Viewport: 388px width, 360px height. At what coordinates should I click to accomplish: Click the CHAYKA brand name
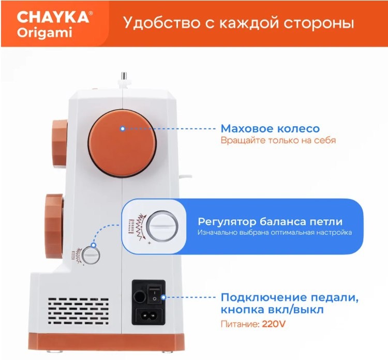click(x=53, y=17)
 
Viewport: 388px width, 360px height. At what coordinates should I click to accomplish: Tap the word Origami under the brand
click(x=44, y=33)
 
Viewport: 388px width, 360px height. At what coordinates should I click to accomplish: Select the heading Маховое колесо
click(x=270, y=128)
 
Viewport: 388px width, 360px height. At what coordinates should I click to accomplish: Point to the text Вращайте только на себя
click(x=278, y=140)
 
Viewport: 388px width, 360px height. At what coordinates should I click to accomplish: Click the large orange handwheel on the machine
click(x=123, y=143)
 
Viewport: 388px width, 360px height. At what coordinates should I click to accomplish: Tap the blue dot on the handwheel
click(x=123, y=129)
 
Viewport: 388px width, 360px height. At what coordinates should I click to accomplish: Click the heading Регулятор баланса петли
click(x=270, y=221)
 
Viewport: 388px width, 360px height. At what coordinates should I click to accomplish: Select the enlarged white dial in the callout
click(x=162, y=227)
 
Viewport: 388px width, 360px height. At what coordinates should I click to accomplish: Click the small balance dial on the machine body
click(x=91, y=256)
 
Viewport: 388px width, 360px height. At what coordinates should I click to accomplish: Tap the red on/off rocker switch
click(x=154, y=293)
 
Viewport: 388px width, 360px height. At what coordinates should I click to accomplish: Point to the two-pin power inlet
click(x=147, y=316)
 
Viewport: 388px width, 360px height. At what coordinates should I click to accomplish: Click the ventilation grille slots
click(x=78, y=311)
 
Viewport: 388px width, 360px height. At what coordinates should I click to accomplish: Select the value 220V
click(x=274, y=324)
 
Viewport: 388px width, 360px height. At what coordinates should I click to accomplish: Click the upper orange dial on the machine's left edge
click(x=59, y=143)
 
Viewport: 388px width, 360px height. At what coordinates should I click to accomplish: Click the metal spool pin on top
click(x=124, y=79)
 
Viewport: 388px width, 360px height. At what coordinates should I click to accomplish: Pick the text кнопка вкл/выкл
click(x=272, y=309)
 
